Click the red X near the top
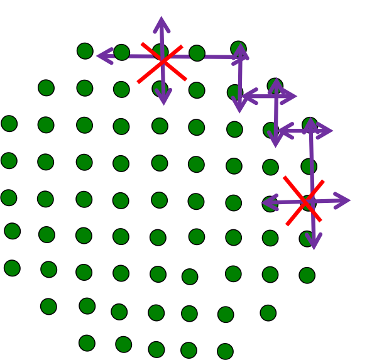162,62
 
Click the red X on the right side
304,201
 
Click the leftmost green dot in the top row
85,51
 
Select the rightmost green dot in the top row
238,48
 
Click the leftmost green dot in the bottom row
87,342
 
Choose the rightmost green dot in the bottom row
225,351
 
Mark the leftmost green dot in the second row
46,87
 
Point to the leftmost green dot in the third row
9,123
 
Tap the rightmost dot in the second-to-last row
268,312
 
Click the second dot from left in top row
122,52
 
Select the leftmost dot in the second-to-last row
48,306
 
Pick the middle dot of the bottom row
156,349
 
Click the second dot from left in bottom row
124,344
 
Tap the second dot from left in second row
85,87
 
